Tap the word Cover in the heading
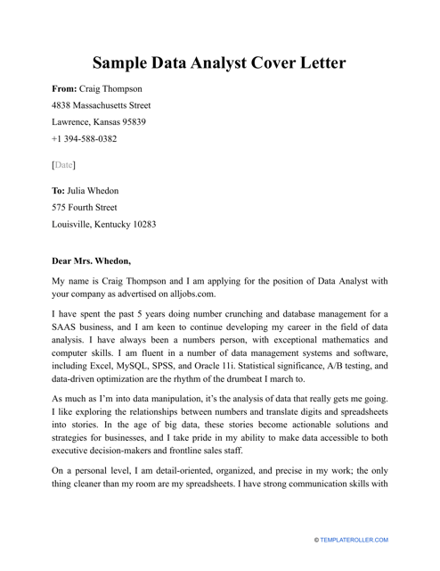click(275, 63)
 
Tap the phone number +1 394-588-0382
click(96, 138)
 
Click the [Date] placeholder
click(64, 165)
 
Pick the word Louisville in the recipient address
click(76, 224)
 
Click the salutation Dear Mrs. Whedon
click(92, 261)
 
